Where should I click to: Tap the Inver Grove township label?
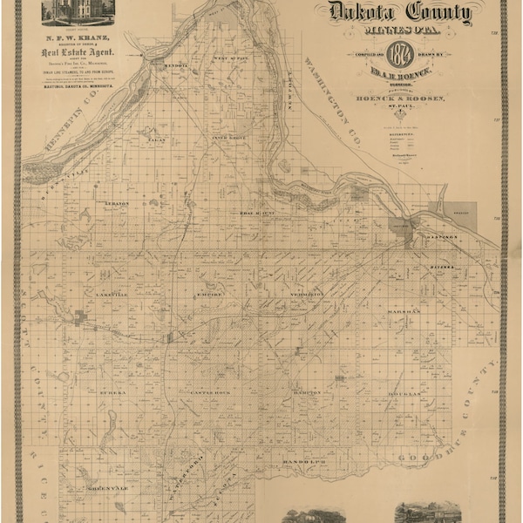[229, 138]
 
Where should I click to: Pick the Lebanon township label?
[117, 203]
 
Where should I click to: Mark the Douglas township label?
[403, 393]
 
